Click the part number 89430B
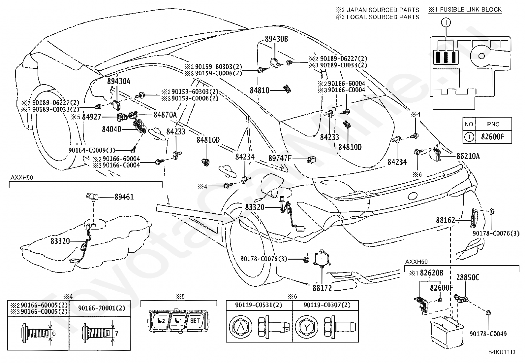coord(276,39)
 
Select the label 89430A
coord(119,81)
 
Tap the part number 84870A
coord(165,115)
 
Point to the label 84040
coord(111,129)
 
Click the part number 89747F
coord(280,158)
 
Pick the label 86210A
coord(468,156)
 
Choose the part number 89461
coord(124,197)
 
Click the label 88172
coord(322,288)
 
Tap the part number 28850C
coord(468,277)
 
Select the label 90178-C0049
coord(488,334)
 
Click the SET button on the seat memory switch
coord(195,321)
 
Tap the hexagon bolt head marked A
coord(240,327)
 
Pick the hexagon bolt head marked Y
coord(307,327)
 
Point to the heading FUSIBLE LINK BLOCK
coord(471,10)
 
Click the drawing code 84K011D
coord(502,352)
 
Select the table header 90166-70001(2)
coord(102,308)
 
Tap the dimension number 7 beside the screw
coord(116,333)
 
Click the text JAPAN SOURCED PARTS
coord(383,10)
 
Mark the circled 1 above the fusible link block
coord(446,22)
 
